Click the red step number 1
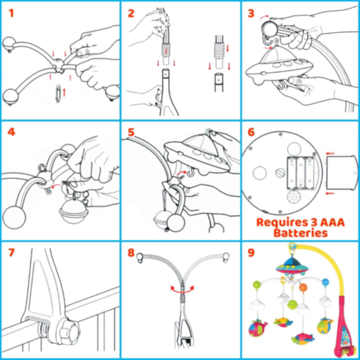pos(11,14)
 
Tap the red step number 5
pos(131,132)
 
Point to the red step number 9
pos(251,253)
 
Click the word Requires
pos(281,222)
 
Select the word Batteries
pos(301,233)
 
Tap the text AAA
pos(332,222)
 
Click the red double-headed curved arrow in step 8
pos(182,290)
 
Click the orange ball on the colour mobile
pos(303,288)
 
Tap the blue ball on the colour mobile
pos(326,282)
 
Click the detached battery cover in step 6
pos(341,173)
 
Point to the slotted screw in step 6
pos(280,173)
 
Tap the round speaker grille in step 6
pos(294,197)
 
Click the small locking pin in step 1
pos(58,94)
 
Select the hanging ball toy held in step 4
pos(74,211)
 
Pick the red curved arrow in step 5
pos(181,173)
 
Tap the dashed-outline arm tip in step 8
pos(226,257)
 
